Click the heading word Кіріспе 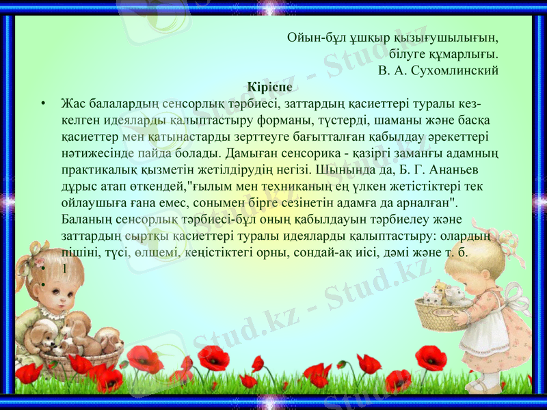pyautogui.click(x=270, y=87)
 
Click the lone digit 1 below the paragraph pyautogui.click(x=64, y=269)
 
